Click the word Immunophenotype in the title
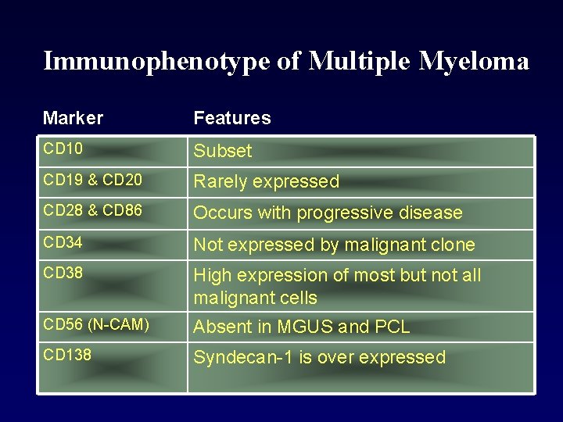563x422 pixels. point(156,61)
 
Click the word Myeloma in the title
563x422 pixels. point(474,61)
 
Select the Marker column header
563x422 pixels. point(73,118)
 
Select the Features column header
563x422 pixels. point(232,118)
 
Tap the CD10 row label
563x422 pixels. point(63,148)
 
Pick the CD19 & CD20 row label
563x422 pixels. point(92,180)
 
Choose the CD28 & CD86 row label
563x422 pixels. point(92,211)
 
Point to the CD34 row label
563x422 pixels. point(63,242)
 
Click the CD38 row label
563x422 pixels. point(63,274)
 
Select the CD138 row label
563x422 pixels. point(67,356)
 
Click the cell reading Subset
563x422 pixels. point(223,151)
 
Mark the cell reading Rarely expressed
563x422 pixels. point(266,181)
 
